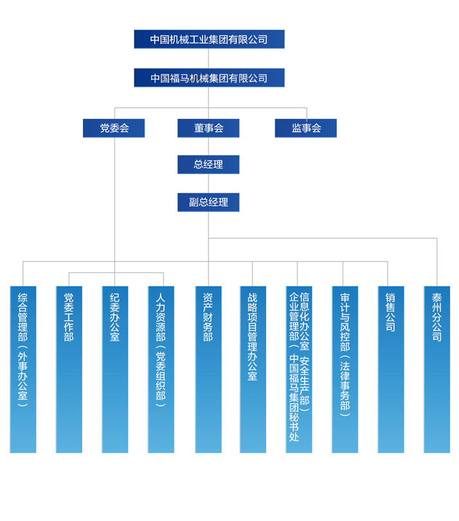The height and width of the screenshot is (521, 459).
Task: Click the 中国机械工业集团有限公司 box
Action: [x=209, y=39]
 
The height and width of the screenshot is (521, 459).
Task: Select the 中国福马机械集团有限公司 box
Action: [x=209, y=78]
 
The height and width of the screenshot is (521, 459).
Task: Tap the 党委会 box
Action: [x=114, y=128]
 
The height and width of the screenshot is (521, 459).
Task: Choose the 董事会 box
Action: [x=208, y=128]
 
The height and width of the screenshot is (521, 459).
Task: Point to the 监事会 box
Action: [x=305, y=128]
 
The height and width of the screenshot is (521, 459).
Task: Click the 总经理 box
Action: [x=208, y=164]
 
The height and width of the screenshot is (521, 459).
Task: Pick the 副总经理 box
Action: [x=208, y=202]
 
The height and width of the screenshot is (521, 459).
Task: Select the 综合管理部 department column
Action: [x=23, y=369]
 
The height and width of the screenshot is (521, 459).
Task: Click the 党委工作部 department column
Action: [x=69, y=369]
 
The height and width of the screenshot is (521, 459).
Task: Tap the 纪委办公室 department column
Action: [x=115, y=369]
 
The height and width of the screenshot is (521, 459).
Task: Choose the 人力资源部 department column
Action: [x=161, y=369]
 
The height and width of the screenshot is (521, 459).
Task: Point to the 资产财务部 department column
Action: [x=208, y=369]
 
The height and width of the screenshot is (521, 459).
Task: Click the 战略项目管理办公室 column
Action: [x=253, y=369]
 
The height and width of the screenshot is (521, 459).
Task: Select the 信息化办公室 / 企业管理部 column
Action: [x=299, y=369]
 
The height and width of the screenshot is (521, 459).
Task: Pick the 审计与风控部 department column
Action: [x=345, y=369]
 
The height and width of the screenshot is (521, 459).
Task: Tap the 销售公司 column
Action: [x=391, y=369]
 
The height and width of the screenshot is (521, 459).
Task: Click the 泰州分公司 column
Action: [x=437, y=369]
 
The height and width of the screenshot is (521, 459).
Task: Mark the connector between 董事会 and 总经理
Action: [x=208, y=146]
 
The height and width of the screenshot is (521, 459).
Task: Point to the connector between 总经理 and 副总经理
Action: [x=208, y=183]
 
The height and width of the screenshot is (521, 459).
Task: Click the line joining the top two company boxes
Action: [x=208, y=58]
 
